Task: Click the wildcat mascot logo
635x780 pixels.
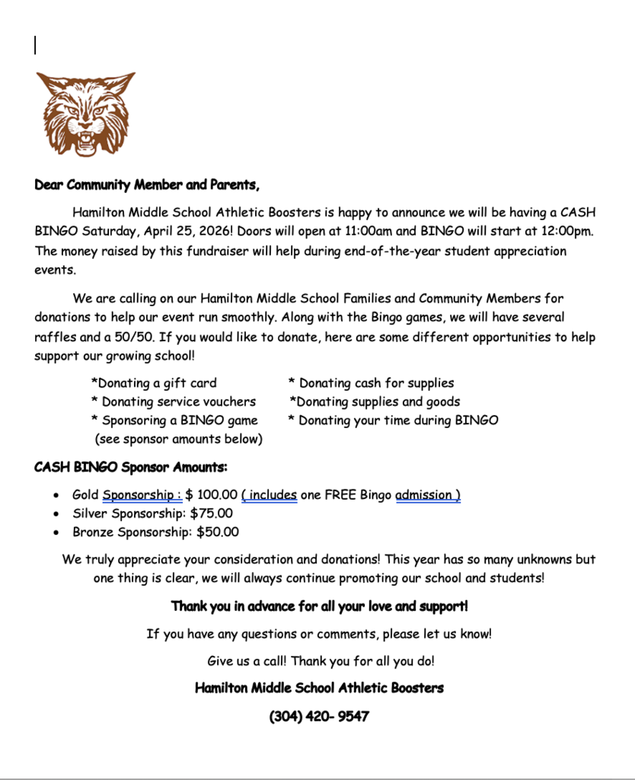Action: pyautogui.click(x=85, y=113)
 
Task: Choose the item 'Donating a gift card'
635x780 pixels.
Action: pyautogui.click(x=154, y=383)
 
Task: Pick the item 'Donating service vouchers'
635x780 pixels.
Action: pyautogui.click(x=173, y=401)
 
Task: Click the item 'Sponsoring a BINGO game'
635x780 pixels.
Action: pyautogui.click(x=174, y=420)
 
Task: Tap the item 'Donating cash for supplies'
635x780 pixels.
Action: pyautogui.click(x=371, y=383)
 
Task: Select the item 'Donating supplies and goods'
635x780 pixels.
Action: pyautogui.click(x=375, y=401)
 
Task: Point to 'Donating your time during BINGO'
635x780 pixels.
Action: pyautogui.click(x=393, y=420)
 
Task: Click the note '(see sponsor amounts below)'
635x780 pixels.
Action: pyautogui.click(x=178, y=439)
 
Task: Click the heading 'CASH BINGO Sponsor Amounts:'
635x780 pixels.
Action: pyautogui.click(x=131, y=467)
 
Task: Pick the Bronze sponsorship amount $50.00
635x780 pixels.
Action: pyautogui.click(x=218, y=532)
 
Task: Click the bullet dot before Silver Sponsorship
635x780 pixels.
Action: pyautogui.click(x=57, y=514)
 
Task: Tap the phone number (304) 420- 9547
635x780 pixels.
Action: pyautogui.click(x=319, y=717)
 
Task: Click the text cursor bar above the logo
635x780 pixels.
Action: pyautogui.click(x=35, y=46)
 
